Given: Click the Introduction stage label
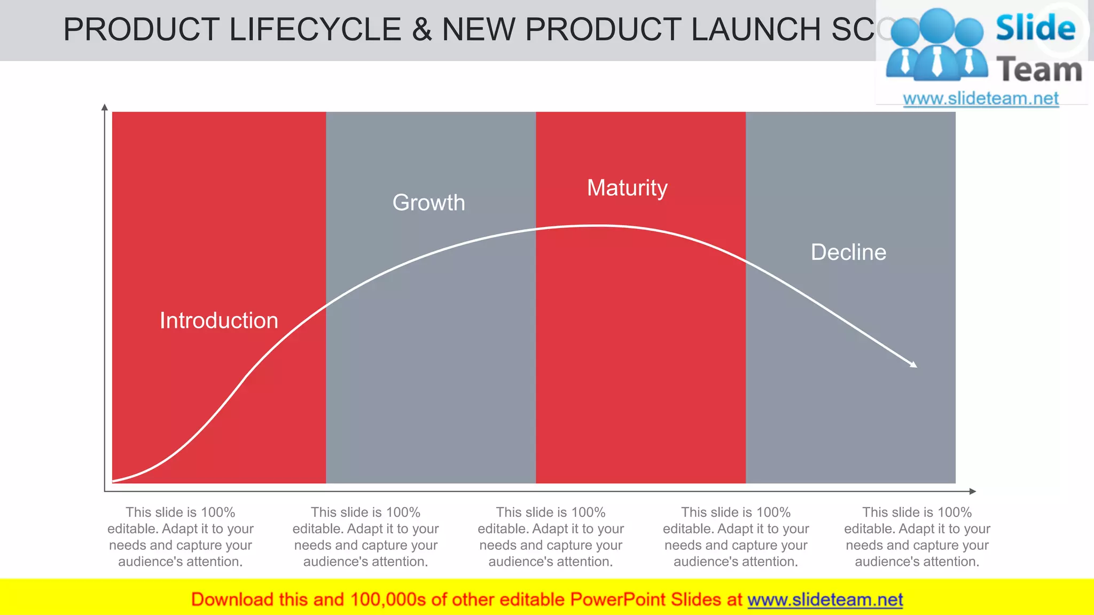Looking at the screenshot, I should tap(219, 320).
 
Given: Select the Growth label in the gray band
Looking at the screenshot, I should tap(429, 203).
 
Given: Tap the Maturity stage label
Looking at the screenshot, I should tap(627, 188).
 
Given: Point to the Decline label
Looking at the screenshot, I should tap(848, 252).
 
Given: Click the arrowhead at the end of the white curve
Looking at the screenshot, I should tap(913, 365).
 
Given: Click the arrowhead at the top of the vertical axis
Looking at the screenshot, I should tap(105, 107).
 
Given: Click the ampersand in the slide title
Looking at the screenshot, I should tap(421, 29).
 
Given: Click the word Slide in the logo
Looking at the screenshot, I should tap(1035, 28).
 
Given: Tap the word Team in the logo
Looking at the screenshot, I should tap(1039, 70).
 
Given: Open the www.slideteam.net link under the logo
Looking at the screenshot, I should tap(980, 99).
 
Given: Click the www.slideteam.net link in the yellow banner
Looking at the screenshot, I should tap(825, 600).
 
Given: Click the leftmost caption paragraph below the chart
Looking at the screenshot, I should tap(181, 537).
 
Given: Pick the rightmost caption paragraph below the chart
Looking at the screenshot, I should tap(917, 537).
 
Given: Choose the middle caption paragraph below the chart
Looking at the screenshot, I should tap(551, 537).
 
